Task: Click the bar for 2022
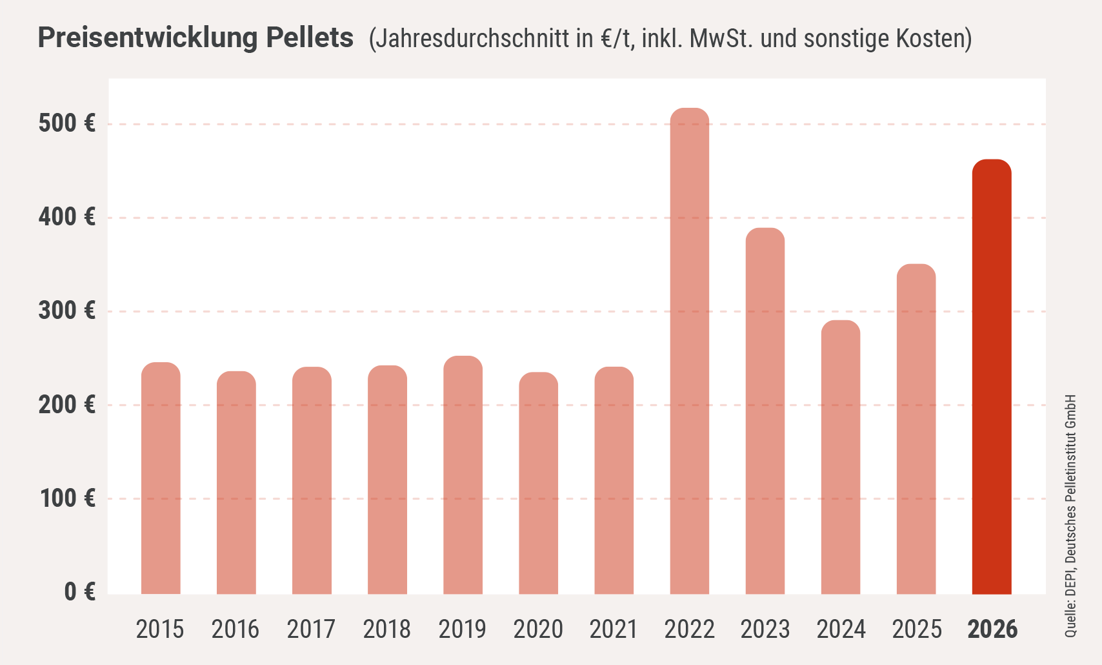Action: pos(689,352)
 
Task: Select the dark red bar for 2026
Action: pos(992,377)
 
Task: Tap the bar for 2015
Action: pos(161,478)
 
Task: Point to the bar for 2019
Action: pos(463,475)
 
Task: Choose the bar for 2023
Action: pos(765,411)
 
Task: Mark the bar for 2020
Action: pos(538,484)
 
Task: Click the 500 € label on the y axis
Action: pos(67,123)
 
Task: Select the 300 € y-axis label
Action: pos(67,311)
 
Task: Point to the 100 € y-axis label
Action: pos(67,498)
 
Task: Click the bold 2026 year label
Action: pos(992,629)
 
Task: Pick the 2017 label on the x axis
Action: pos(311,629)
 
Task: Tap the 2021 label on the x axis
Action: pos(614,629)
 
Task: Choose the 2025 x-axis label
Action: pos(916,629)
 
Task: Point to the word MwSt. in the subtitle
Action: pos(721,39)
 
